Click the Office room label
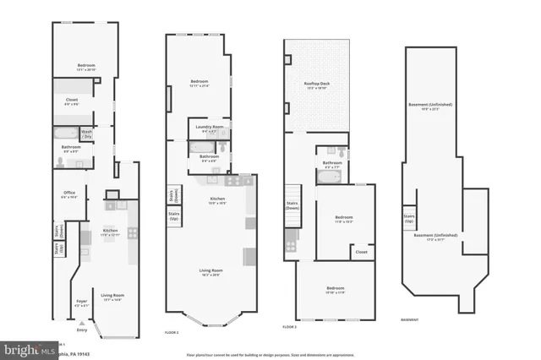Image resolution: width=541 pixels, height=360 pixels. coord(69,194)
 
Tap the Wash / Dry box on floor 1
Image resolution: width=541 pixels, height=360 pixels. coord(86,134)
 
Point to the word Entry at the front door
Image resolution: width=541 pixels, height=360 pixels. coord(82,331)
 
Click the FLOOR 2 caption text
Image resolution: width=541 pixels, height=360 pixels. coord(171,333)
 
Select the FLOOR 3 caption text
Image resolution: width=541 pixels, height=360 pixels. coord(289,325)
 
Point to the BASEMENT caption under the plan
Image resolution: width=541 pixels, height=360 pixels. coord(411,319)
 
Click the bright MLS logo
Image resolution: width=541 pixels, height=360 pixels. coord(30,348)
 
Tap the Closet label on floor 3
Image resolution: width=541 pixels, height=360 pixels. coord(362,251)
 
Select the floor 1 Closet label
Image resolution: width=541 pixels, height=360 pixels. coord(72,101)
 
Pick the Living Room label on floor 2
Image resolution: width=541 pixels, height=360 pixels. coord(210,272)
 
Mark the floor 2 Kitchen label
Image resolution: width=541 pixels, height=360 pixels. coord(217,200)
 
